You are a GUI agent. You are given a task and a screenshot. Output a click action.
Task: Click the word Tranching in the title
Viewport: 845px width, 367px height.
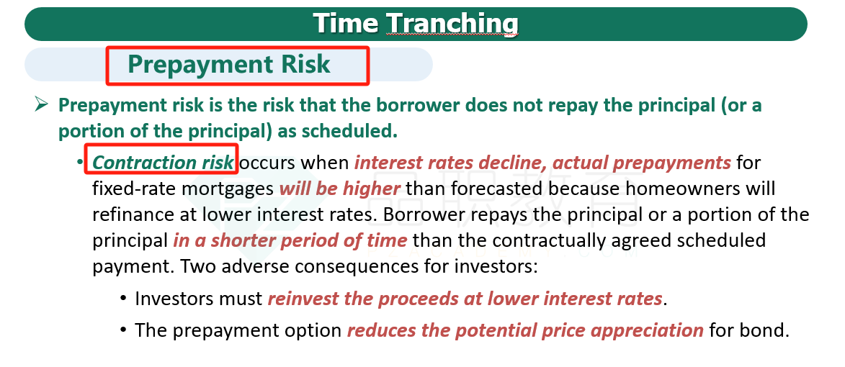click(x=453, y=23)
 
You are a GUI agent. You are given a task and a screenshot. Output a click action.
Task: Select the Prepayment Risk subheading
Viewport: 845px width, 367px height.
click(x=229, y=64)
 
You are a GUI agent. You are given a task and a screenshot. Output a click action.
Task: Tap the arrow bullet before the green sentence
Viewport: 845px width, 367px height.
click(x=42, y=104)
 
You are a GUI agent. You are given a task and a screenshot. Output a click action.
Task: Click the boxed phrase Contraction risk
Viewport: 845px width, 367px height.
click(x=164, y=162)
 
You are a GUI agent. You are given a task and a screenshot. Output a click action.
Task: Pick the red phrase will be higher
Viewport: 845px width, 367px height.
click(x=340, y=189)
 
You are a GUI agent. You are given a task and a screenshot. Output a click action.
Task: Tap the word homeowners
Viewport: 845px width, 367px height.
click(x=681, y=189)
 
